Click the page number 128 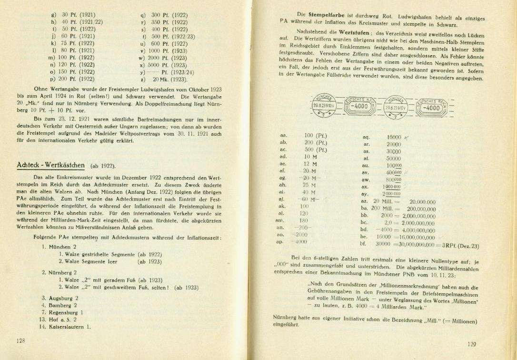(x=20, y=340)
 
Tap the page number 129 (x=471, y=344)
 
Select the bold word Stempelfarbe (x=328, y=15)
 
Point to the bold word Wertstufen (x=355, y=33)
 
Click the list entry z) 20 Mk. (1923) (x=164, y=79)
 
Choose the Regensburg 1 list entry (x=65, y=312)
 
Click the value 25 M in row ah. (x=310, y=185)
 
